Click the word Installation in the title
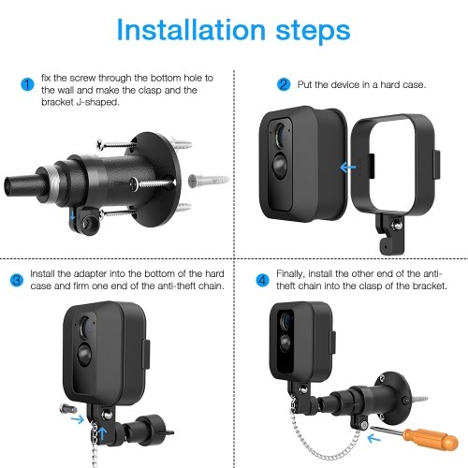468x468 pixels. coord(191,30)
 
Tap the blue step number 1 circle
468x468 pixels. coord(27,84)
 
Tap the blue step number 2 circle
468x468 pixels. coord(284,84)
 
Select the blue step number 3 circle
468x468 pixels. coord(17,280)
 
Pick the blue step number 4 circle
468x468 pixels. coord(262,280)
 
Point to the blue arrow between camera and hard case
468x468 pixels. coord(347,168)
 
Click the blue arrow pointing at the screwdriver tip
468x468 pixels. coord(373,438)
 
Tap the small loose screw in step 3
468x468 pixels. coord(68,408)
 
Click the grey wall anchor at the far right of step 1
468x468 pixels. coord(209,181)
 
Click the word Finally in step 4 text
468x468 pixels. coord(290,274)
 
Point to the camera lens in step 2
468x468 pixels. coord(280,136)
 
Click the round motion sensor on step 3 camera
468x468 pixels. coord(84,354)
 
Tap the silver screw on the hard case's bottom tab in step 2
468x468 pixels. coord(396,226)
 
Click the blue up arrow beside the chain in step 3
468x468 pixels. coord(102,433)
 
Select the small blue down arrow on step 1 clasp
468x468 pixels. coord(72,214)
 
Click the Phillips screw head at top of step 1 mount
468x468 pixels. coord(100,144)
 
